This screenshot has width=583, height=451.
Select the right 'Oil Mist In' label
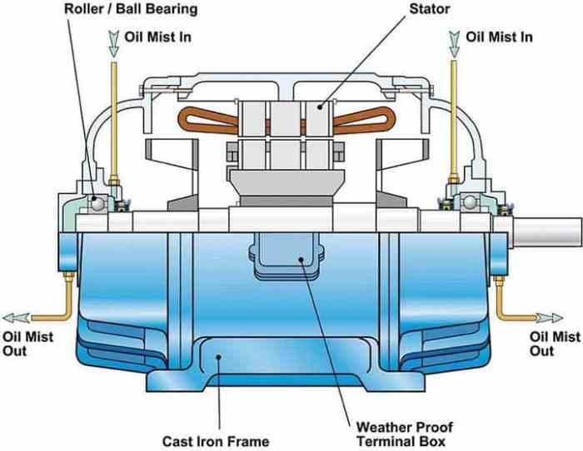click(498, 37)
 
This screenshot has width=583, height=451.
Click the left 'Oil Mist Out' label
click(27, 344)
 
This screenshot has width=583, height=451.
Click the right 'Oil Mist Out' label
click(555, 344)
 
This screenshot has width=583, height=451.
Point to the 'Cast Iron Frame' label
click(216, 439)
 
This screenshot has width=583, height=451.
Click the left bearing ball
click(98, 201)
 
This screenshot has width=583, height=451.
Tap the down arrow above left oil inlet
click(113, 40)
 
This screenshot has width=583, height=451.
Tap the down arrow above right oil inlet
click(454, 40)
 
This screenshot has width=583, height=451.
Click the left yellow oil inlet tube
click(113, 116)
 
